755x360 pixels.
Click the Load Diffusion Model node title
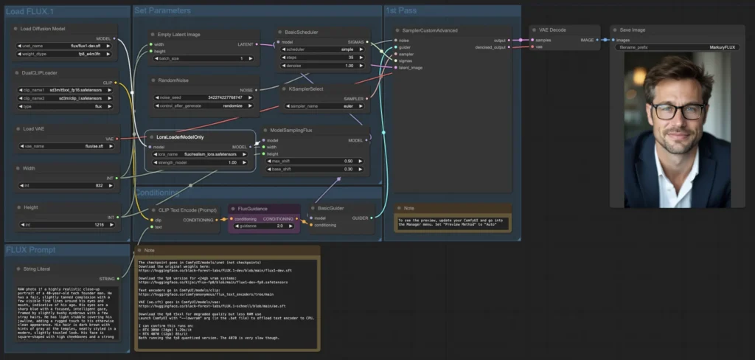(43, 29)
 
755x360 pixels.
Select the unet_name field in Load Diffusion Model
(67, 46)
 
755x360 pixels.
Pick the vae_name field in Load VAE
(67, 146)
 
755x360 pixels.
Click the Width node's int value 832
(67, 186)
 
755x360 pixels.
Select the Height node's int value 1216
(67, 224)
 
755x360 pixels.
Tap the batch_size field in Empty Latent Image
(203, 58)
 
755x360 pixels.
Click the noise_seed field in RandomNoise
(203, 97)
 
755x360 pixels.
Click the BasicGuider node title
(333, 209)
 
